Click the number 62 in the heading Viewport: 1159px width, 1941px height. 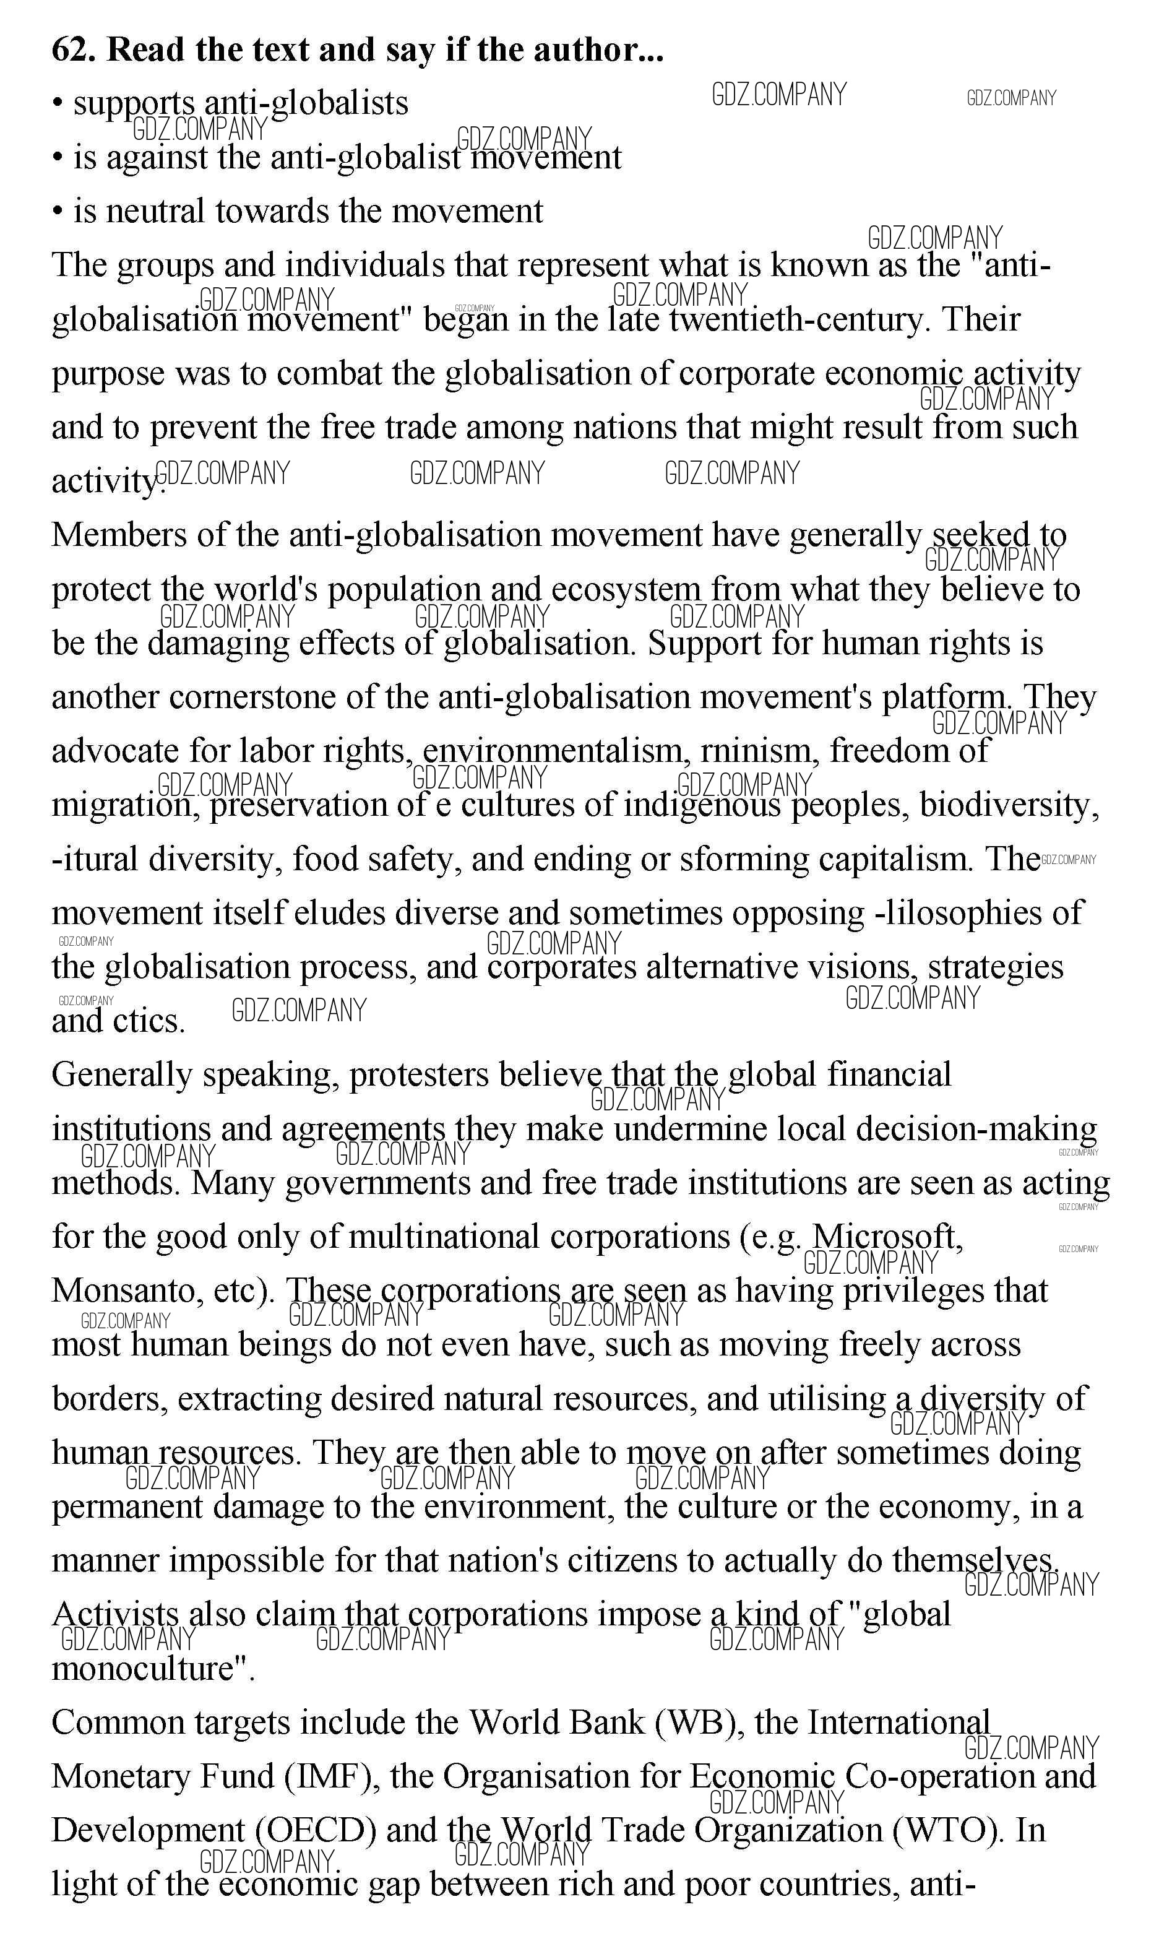click(x=72, y=50)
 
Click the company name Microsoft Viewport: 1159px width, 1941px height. click(x=887, y=1237)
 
